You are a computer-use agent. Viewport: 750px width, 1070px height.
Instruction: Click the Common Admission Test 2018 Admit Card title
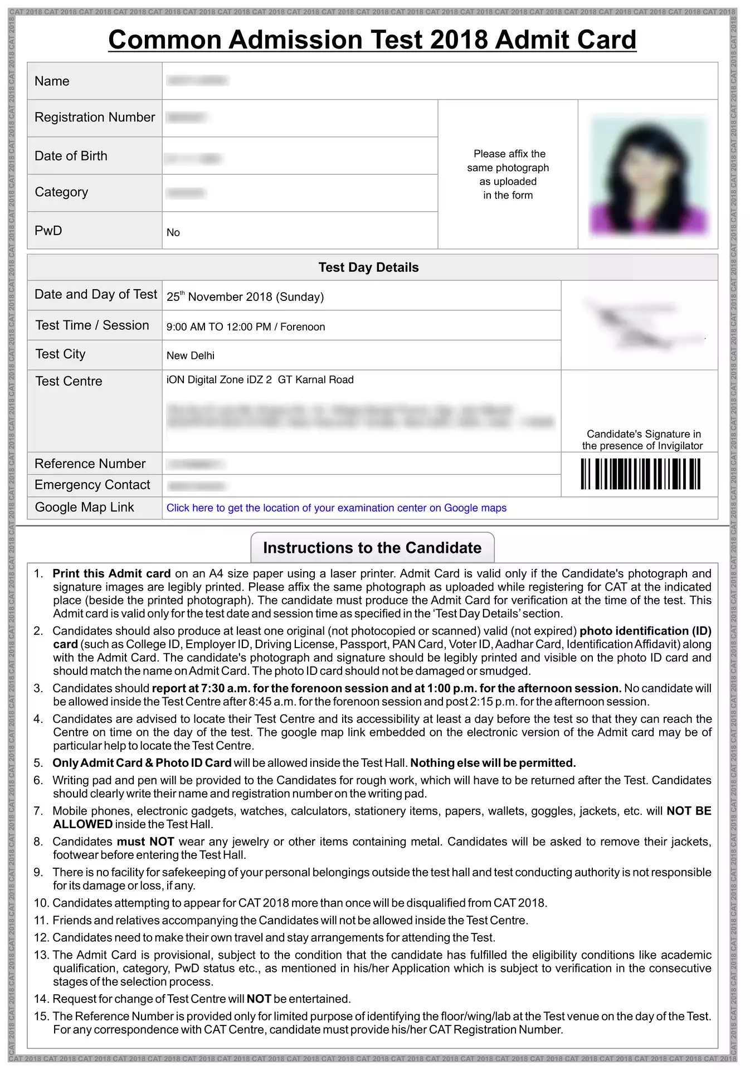coord(372,40)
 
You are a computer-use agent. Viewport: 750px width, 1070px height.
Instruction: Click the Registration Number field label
coord(95,118)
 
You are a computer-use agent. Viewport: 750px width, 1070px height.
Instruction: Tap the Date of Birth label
coord(71,156)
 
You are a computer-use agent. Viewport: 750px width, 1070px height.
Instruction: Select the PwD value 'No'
coord(173,232)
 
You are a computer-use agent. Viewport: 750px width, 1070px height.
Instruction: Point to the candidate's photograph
coord(648,174)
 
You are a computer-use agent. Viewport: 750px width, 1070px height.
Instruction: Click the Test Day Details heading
coord(368,267)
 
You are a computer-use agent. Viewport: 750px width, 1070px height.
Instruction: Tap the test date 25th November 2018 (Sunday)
coord(245,296)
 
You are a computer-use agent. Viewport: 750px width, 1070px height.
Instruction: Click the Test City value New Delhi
coord(191,356)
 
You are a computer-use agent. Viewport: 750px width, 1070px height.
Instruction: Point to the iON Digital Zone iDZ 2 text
coord(219,380)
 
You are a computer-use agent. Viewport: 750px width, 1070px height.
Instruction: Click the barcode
coord(640,474)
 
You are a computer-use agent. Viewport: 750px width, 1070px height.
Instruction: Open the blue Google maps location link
coord(337,508)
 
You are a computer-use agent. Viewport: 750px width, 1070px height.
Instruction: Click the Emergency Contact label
coord(92,485)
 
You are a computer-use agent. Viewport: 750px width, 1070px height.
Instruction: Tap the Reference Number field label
coord(90,464)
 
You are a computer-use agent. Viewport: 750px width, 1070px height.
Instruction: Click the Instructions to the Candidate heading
coord(372,548)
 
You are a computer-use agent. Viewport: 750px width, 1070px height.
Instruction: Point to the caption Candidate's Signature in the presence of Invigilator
coord(642,440)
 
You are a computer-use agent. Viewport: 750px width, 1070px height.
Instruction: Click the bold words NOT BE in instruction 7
coord(689,811)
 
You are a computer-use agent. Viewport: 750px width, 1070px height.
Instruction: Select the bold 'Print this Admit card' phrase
coord(111,573)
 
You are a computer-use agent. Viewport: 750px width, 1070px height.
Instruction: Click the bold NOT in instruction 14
coord(259,999)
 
